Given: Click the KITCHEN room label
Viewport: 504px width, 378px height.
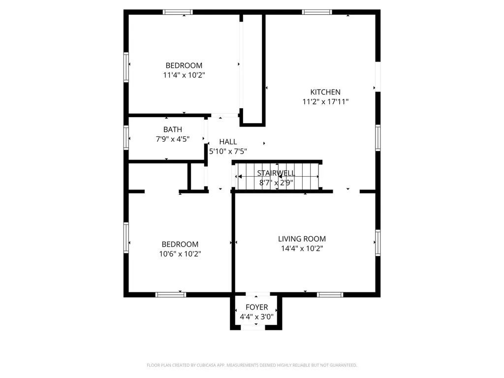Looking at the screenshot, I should click(x=325, y=92).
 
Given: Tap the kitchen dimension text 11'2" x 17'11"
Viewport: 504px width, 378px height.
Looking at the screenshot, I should click(x=325, y=102).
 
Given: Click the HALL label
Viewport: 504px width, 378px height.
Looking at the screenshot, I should click(x=228, y=142).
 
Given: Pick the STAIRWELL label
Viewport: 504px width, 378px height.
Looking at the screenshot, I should click(x=276, y=173).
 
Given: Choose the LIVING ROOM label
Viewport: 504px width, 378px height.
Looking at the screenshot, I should click(x=302, y=239).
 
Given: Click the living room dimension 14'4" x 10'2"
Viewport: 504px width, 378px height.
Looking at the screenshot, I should click(x=302, y=249).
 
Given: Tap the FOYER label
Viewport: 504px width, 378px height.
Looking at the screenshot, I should click(x=256, y=308).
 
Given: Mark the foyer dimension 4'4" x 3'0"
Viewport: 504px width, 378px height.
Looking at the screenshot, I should click(x=256, y=317).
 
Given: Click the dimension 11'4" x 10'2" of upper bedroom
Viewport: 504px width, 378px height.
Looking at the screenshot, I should click(x=184, y=75).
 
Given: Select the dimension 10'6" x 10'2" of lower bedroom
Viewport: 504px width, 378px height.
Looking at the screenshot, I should click(x=180, y=254).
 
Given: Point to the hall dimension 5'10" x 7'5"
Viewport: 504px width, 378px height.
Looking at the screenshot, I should click(x=228, y=152).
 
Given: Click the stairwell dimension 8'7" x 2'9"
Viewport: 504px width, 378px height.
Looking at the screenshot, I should click(x=276, y=183).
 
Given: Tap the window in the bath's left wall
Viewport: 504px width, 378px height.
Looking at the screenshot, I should click(x=126, y=137).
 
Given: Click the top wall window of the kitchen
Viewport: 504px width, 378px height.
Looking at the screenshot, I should click(x=317, y=12).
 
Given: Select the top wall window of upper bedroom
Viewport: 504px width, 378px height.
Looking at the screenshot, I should click(x=178, y=12).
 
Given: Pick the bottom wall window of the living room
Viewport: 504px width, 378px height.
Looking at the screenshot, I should click(x=330, y=295).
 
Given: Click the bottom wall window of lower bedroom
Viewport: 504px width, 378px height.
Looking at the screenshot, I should click(x=170, y=295).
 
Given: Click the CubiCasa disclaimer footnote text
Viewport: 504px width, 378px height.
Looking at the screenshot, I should click(x=252, y=365).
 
